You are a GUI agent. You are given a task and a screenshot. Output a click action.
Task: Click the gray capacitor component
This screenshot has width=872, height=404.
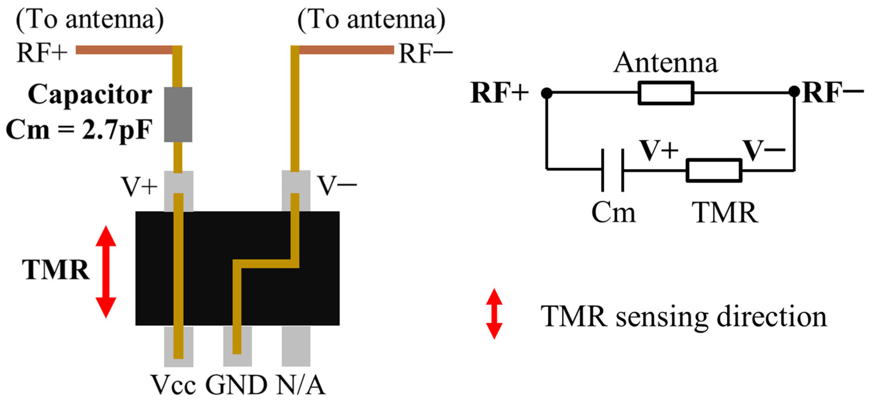[178, 114]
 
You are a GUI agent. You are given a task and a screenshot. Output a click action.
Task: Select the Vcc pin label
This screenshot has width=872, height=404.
[173, 385]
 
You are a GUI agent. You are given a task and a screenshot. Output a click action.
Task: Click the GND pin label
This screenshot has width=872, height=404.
[236, 385]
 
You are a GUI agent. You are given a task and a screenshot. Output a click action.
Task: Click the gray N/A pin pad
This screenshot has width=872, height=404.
[296, 346]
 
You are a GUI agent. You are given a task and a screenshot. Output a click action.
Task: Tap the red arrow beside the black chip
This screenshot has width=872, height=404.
[106, 272]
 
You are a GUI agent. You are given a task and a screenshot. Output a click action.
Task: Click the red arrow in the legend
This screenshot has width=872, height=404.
[494, 314]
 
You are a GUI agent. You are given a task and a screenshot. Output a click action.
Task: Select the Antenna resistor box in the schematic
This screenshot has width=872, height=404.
[666, 93]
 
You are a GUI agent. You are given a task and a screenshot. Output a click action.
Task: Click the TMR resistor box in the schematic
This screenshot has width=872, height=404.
[714, 170]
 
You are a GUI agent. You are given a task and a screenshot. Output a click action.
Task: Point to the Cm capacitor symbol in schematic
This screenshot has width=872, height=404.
[613, 170]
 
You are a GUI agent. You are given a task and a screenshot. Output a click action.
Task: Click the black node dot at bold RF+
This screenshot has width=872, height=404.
[546, 93]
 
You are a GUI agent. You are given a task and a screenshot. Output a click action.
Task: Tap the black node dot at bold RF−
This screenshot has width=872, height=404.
[794, 91]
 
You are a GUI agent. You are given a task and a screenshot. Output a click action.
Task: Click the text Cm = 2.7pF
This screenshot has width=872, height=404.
[79, 130]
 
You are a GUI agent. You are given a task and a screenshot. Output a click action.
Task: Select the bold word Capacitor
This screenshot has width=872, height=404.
[90, 95]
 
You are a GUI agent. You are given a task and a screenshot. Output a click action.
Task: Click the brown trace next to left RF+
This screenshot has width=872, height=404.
[124, 50]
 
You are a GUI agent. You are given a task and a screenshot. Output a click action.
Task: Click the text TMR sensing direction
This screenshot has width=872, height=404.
[684, 316]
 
